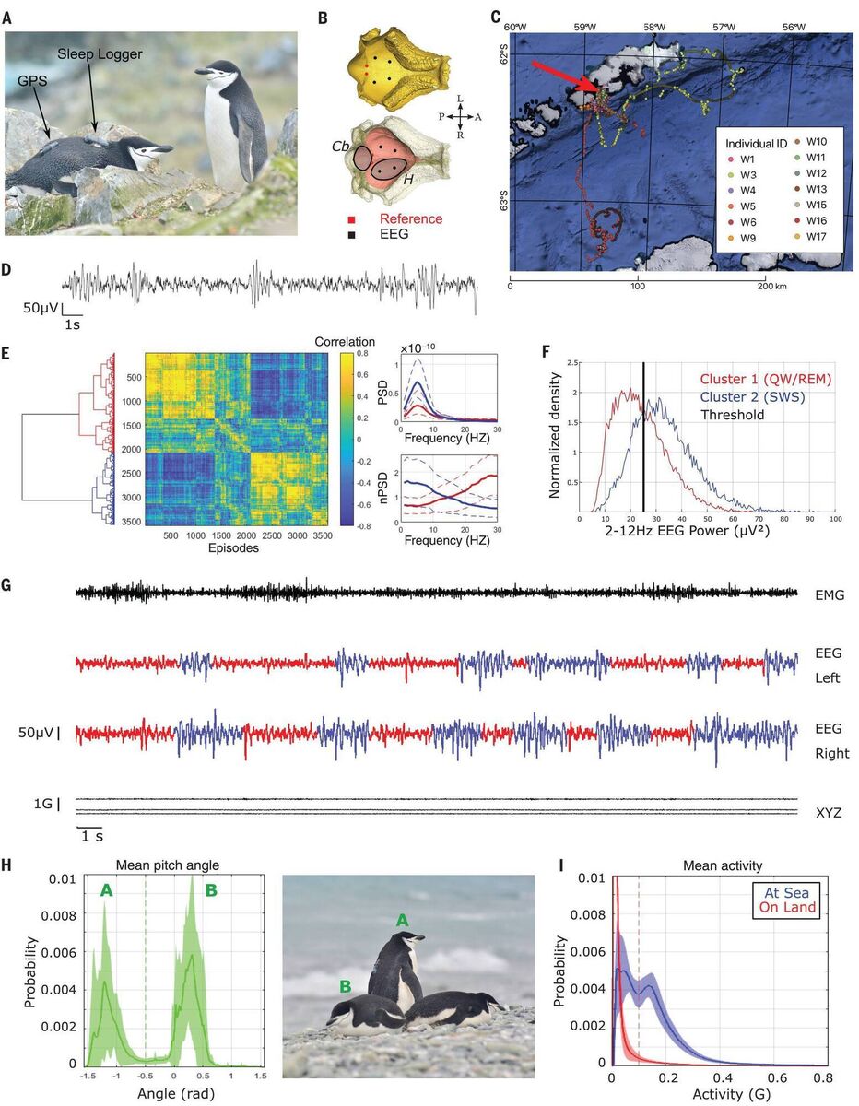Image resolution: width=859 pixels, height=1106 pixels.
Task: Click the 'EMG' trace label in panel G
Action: click(x=830, y=596)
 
